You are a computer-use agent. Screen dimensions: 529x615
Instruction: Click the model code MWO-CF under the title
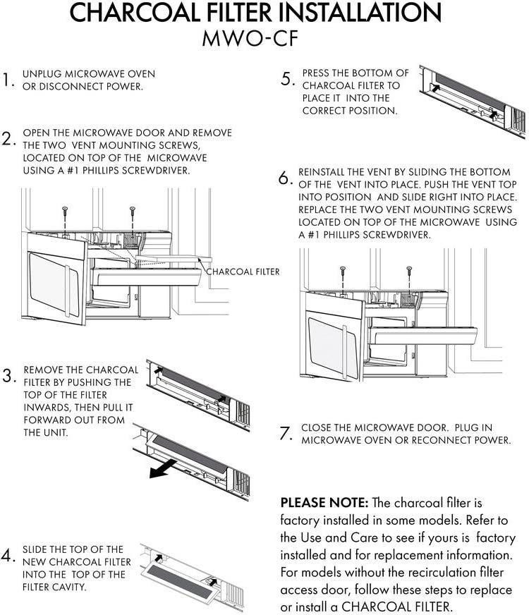tap(250, 38)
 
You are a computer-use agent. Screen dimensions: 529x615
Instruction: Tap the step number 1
tap(8, 80)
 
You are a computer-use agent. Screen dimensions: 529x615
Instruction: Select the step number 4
tap(8, 555)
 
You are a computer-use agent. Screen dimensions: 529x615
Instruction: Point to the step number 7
tap(286, 433)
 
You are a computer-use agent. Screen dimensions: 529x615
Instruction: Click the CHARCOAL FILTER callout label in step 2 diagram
tap(243, 272)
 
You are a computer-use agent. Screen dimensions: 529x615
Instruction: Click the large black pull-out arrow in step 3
tap(163, 469)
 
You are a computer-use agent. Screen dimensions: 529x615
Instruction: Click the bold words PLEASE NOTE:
tap(324, 502)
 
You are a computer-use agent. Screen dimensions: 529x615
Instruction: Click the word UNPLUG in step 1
tap(42, 74)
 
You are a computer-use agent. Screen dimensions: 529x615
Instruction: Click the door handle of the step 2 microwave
tap(67, 291)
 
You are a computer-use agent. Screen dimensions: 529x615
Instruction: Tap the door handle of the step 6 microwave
tap(345, 352)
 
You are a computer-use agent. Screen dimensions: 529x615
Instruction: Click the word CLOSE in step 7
tap(315, 427)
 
